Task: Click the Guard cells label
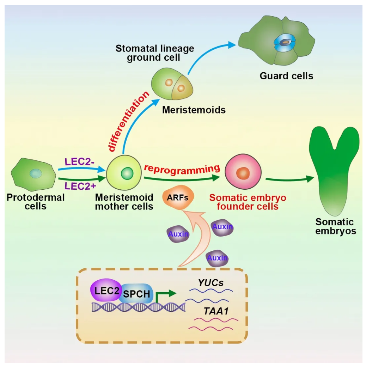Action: coord(286,76)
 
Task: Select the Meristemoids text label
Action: coord(194,110)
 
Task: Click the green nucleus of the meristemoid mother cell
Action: coord(126,173)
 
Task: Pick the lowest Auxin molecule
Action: coord(217,258)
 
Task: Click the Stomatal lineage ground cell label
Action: coord(155,53)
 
